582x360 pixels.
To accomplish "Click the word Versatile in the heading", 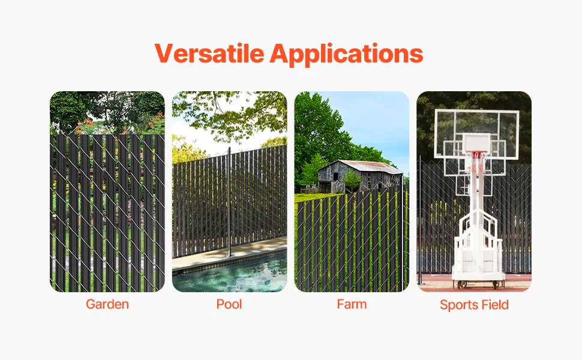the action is pyautogui.click(x=209, y=53).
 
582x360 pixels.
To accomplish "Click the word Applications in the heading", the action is pyautogui.click(x=346, y=55).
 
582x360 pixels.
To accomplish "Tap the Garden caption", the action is pyautogui.click(x=107, y=304).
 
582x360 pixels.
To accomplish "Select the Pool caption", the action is pyautogui.click(x=229, y=304).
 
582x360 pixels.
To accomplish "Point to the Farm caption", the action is pyautogui.click(x=352, y=304).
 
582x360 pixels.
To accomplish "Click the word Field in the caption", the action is pyautogui.click(x=493, y=304).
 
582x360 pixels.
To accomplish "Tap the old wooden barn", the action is pyautogui.click(x=359, y=176).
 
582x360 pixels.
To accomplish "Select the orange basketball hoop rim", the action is pyautogui.click(x=476, y=152).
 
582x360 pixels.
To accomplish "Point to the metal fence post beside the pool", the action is pyautogui.click(x=229, y=202).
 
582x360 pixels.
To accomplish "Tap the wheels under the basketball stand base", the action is pyautogui.click(x=478, y=284).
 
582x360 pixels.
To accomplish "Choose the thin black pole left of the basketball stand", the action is pyautogui.click(x=420, y=220).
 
